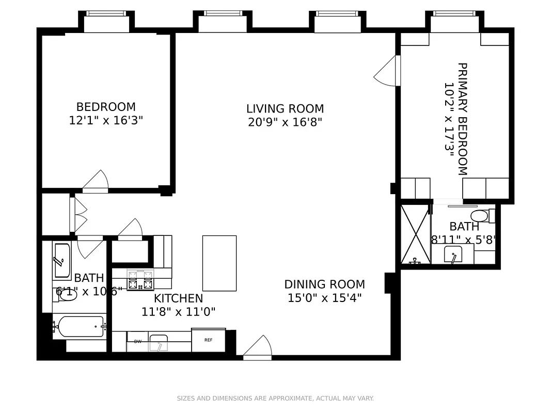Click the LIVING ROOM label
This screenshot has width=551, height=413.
tap(285, 109)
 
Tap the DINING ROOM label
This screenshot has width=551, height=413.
tap(324, 284)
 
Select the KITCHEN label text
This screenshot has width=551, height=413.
tap(178, 298)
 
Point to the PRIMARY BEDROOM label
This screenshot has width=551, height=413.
tap(462, 119)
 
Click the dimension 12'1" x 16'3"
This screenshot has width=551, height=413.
tap(106, 120)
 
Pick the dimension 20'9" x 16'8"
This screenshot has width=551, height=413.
tap(285, 122)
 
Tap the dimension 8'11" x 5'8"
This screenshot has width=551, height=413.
tap(463, 240)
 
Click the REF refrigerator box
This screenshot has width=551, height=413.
tap(208, 340)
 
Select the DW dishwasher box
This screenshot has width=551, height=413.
tap(138, 342)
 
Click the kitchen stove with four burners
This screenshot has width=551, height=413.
tap(140, 280)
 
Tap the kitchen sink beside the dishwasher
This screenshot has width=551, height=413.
tap(159, 342)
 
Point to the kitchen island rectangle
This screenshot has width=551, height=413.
tap(219, 263)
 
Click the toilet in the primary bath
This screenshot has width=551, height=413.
tap(480, 215)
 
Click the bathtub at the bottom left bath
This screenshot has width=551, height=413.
tap(80, 327)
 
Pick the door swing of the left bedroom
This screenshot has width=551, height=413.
tap(97, 182)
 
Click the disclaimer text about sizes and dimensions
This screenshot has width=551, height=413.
tap(275, 399)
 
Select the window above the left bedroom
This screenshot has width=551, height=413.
tap(107, 22)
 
